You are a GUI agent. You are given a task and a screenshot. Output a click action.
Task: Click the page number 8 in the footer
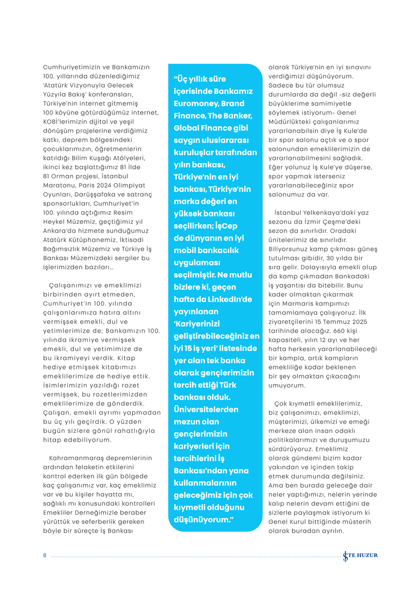[x=45, y=555]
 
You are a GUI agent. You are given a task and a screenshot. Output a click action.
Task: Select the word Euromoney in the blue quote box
[x=197, y=103]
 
